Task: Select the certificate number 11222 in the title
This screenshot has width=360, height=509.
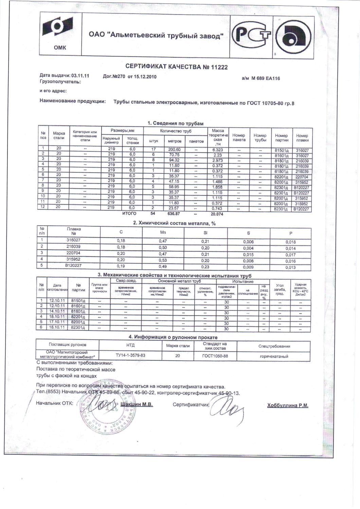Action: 219,67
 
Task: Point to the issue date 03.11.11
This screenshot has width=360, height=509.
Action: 80,76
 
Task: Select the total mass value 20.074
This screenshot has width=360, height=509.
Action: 217,214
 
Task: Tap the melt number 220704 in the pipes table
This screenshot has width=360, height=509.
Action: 302,177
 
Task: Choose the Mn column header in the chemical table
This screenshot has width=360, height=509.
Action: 163,233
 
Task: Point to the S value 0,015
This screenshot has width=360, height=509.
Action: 248,254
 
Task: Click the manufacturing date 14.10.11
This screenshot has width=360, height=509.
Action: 57,311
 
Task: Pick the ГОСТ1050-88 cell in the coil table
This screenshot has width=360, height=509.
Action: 215,356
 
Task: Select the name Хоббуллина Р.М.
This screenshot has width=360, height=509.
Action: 288,405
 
